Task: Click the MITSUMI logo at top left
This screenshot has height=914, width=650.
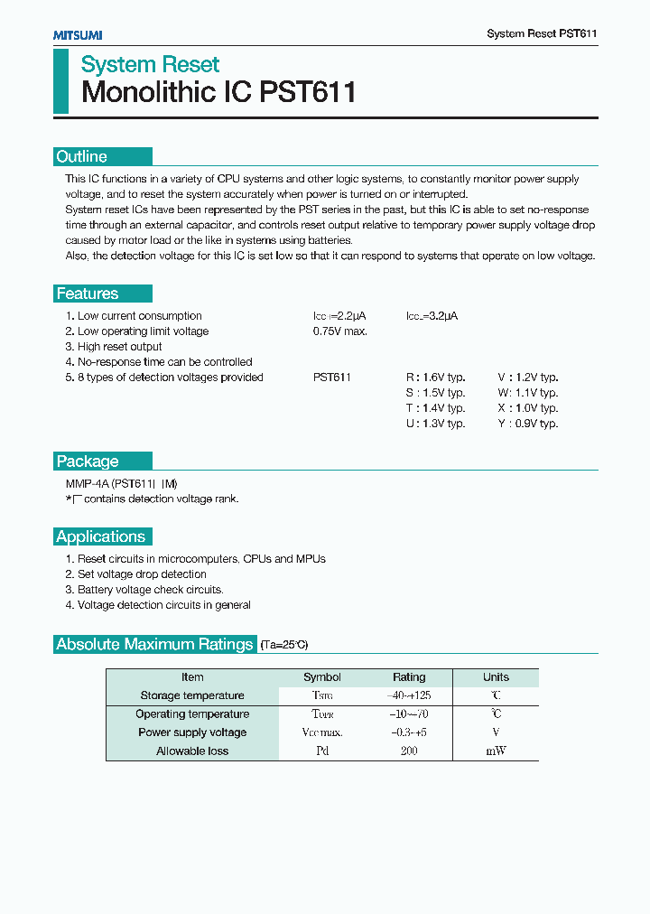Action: [x=77, y=34]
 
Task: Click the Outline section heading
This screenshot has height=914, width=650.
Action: [x=82, y=156]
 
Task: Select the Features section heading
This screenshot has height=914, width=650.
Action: [x=88, y=294]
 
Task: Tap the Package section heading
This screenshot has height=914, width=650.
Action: [x=88, y=462]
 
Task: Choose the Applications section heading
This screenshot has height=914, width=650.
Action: [x=101, y=536]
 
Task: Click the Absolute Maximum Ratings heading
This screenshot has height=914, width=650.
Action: [x=154, y=644]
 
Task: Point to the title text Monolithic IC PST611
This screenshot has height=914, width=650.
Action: [x=218, y=92]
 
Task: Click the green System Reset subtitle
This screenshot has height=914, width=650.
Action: [x=150, y=64]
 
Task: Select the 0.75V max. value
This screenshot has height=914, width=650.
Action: [x=340, y=331]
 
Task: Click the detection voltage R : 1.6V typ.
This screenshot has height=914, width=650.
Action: [x=435, y=378]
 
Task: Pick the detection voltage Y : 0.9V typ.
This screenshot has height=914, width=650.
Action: [x=528, y=424]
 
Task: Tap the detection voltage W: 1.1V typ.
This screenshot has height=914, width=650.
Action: [x=528, y=393]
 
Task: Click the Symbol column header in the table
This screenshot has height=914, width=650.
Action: [x=322, y=677]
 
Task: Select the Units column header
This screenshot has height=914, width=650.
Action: [x=496, y=677]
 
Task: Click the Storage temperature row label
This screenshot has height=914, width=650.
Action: [x=192, y=695]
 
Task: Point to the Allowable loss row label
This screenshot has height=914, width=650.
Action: [x=192, y=751]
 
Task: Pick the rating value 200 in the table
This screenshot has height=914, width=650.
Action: [x=409, y=751]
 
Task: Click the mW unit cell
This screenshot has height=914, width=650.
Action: [x=496, y=751]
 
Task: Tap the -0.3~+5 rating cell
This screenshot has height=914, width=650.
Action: [x=409, y=732]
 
